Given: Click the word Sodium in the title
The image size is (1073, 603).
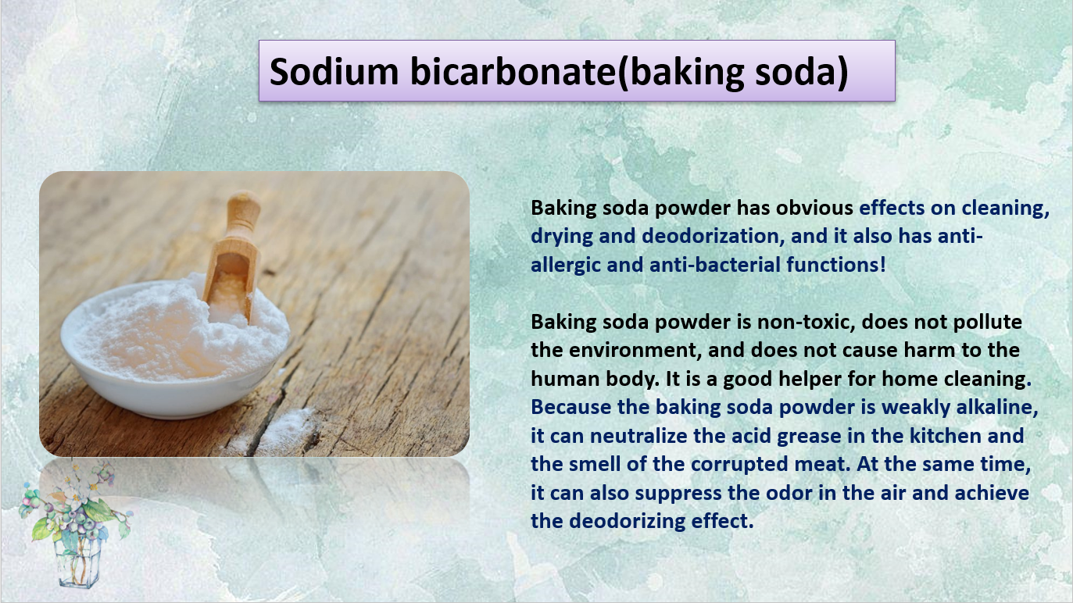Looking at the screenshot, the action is pos(334,71).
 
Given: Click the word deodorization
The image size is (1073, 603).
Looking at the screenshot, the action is pos(713,236).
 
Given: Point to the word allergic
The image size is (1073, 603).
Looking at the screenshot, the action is pos(566,265).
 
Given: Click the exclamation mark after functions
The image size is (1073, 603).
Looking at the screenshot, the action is pos(882,265).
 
